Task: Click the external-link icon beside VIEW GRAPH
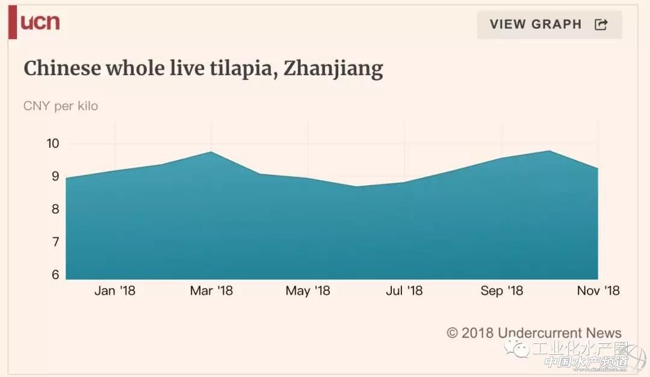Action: coord(601,25)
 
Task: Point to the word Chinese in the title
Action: coord(63,69)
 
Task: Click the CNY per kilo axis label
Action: coord(60,106)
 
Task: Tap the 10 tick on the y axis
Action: coord(52,144)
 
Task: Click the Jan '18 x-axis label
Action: coord(114,291)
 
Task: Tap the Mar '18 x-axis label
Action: coord(211,291)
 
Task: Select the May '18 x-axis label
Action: coord(308,291)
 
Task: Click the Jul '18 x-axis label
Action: coord(404,291)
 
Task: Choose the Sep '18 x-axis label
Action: coord(501,291)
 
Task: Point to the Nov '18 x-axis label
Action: coord(597,291)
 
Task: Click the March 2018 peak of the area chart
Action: coord(211,152)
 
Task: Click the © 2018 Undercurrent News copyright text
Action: coord(534,333)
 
